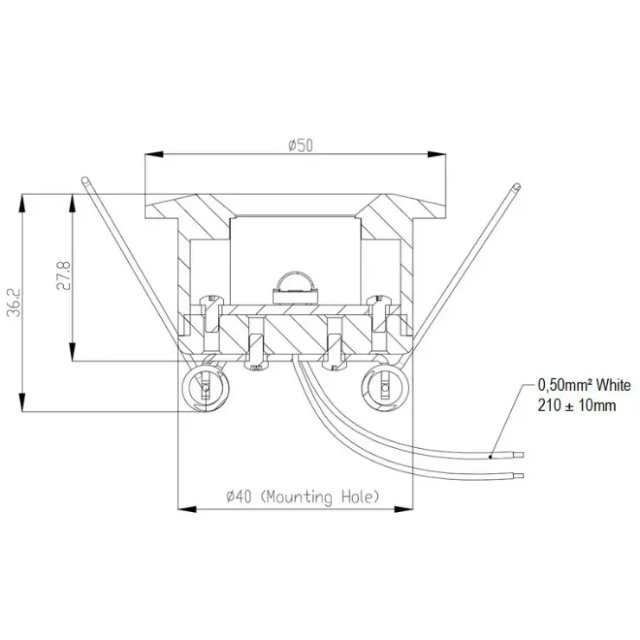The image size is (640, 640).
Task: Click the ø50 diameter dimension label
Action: point(300,145)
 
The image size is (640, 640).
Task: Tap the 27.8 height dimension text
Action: point(63,276)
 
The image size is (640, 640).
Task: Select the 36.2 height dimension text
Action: point(14,303)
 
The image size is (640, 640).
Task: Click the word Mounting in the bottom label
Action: point(297,497)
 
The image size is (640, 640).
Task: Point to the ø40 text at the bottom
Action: point(239,496)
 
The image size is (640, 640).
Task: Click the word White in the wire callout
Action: point(613,385)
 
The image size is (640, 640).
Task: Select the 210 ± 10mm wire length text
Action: point(576,406)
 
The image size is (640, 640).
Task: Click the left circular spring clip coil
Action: point(205,387)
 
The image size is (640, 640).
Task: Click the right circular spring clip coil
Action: point(385,387)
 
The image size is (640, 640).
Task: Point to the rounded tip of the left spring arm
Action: point(85,180)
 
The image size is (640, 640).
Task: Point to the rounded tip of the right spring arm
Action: point(517,187)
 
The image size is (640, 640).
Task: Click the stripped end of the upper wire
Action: point(518,455)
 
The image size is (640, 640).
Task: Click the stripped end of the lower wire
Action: point(518,475)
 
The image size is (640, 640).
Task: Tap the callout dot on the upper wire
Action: point(490,457)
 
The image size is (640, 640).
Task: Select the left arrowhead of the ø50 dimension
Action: point(154,154)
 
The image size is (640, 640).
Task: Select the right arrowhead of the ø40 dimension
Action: point(404,509)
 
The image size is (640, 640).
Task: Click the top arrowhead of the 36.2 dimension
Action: point(22,203)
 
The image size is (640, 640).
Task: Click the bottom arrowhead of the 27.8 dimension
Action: point(73,351)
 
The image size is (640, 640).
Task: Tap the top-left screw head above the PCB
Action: point(211,298)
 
